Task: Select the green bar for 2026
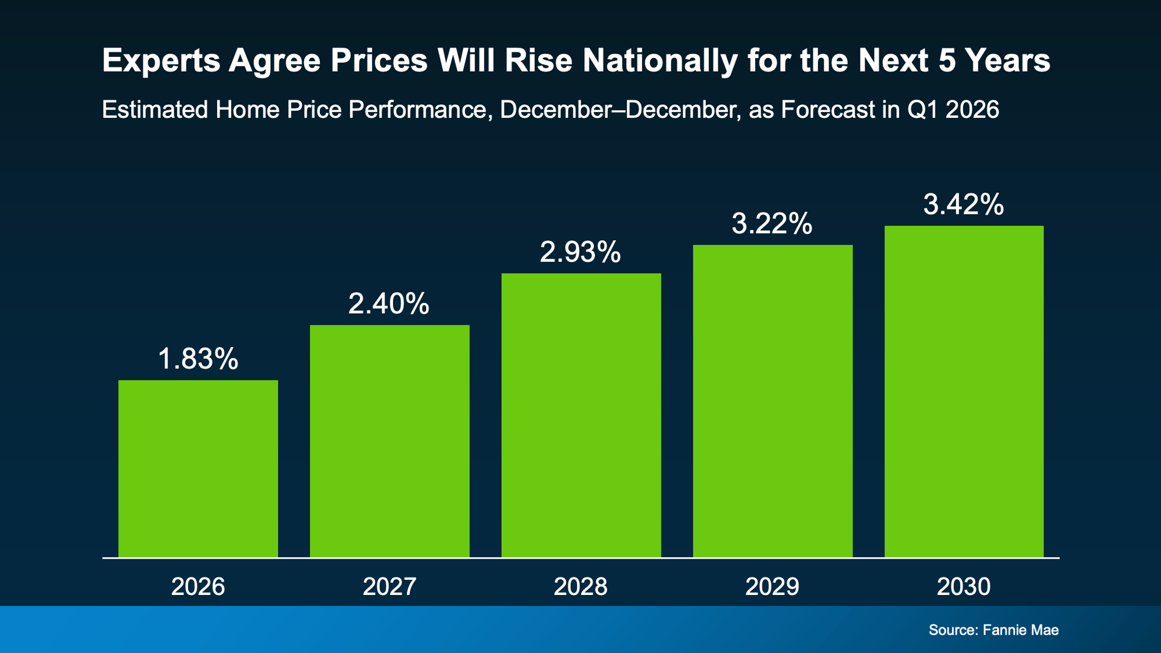tap(198, 469)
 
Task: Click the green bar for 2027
tap(389, 441)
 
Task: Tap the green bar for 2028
tap(580, 415)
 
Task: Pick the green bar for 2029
tap(772, 401)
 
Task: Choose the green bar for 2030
tap(964, 391)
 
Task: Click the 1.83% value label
tap(198, 359)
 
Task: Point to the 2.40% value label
tap(389, 304)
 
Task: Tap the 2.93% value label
tap(580, 252)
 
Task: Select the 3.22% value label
tap(772, 223)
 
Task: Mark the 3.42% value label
tap(964, 204)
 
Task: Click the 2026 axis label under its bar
tap(198, 586)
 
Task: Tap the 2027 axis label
tap(389, 586)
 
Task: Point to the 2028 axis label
tap(580, 586)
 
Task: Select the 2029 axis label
tap(772, 586)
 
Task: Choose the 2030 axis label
tap(964, 586)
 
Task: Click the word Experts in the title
tap(161, 61)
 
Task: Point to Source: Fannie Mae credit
tap(994, 630)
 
